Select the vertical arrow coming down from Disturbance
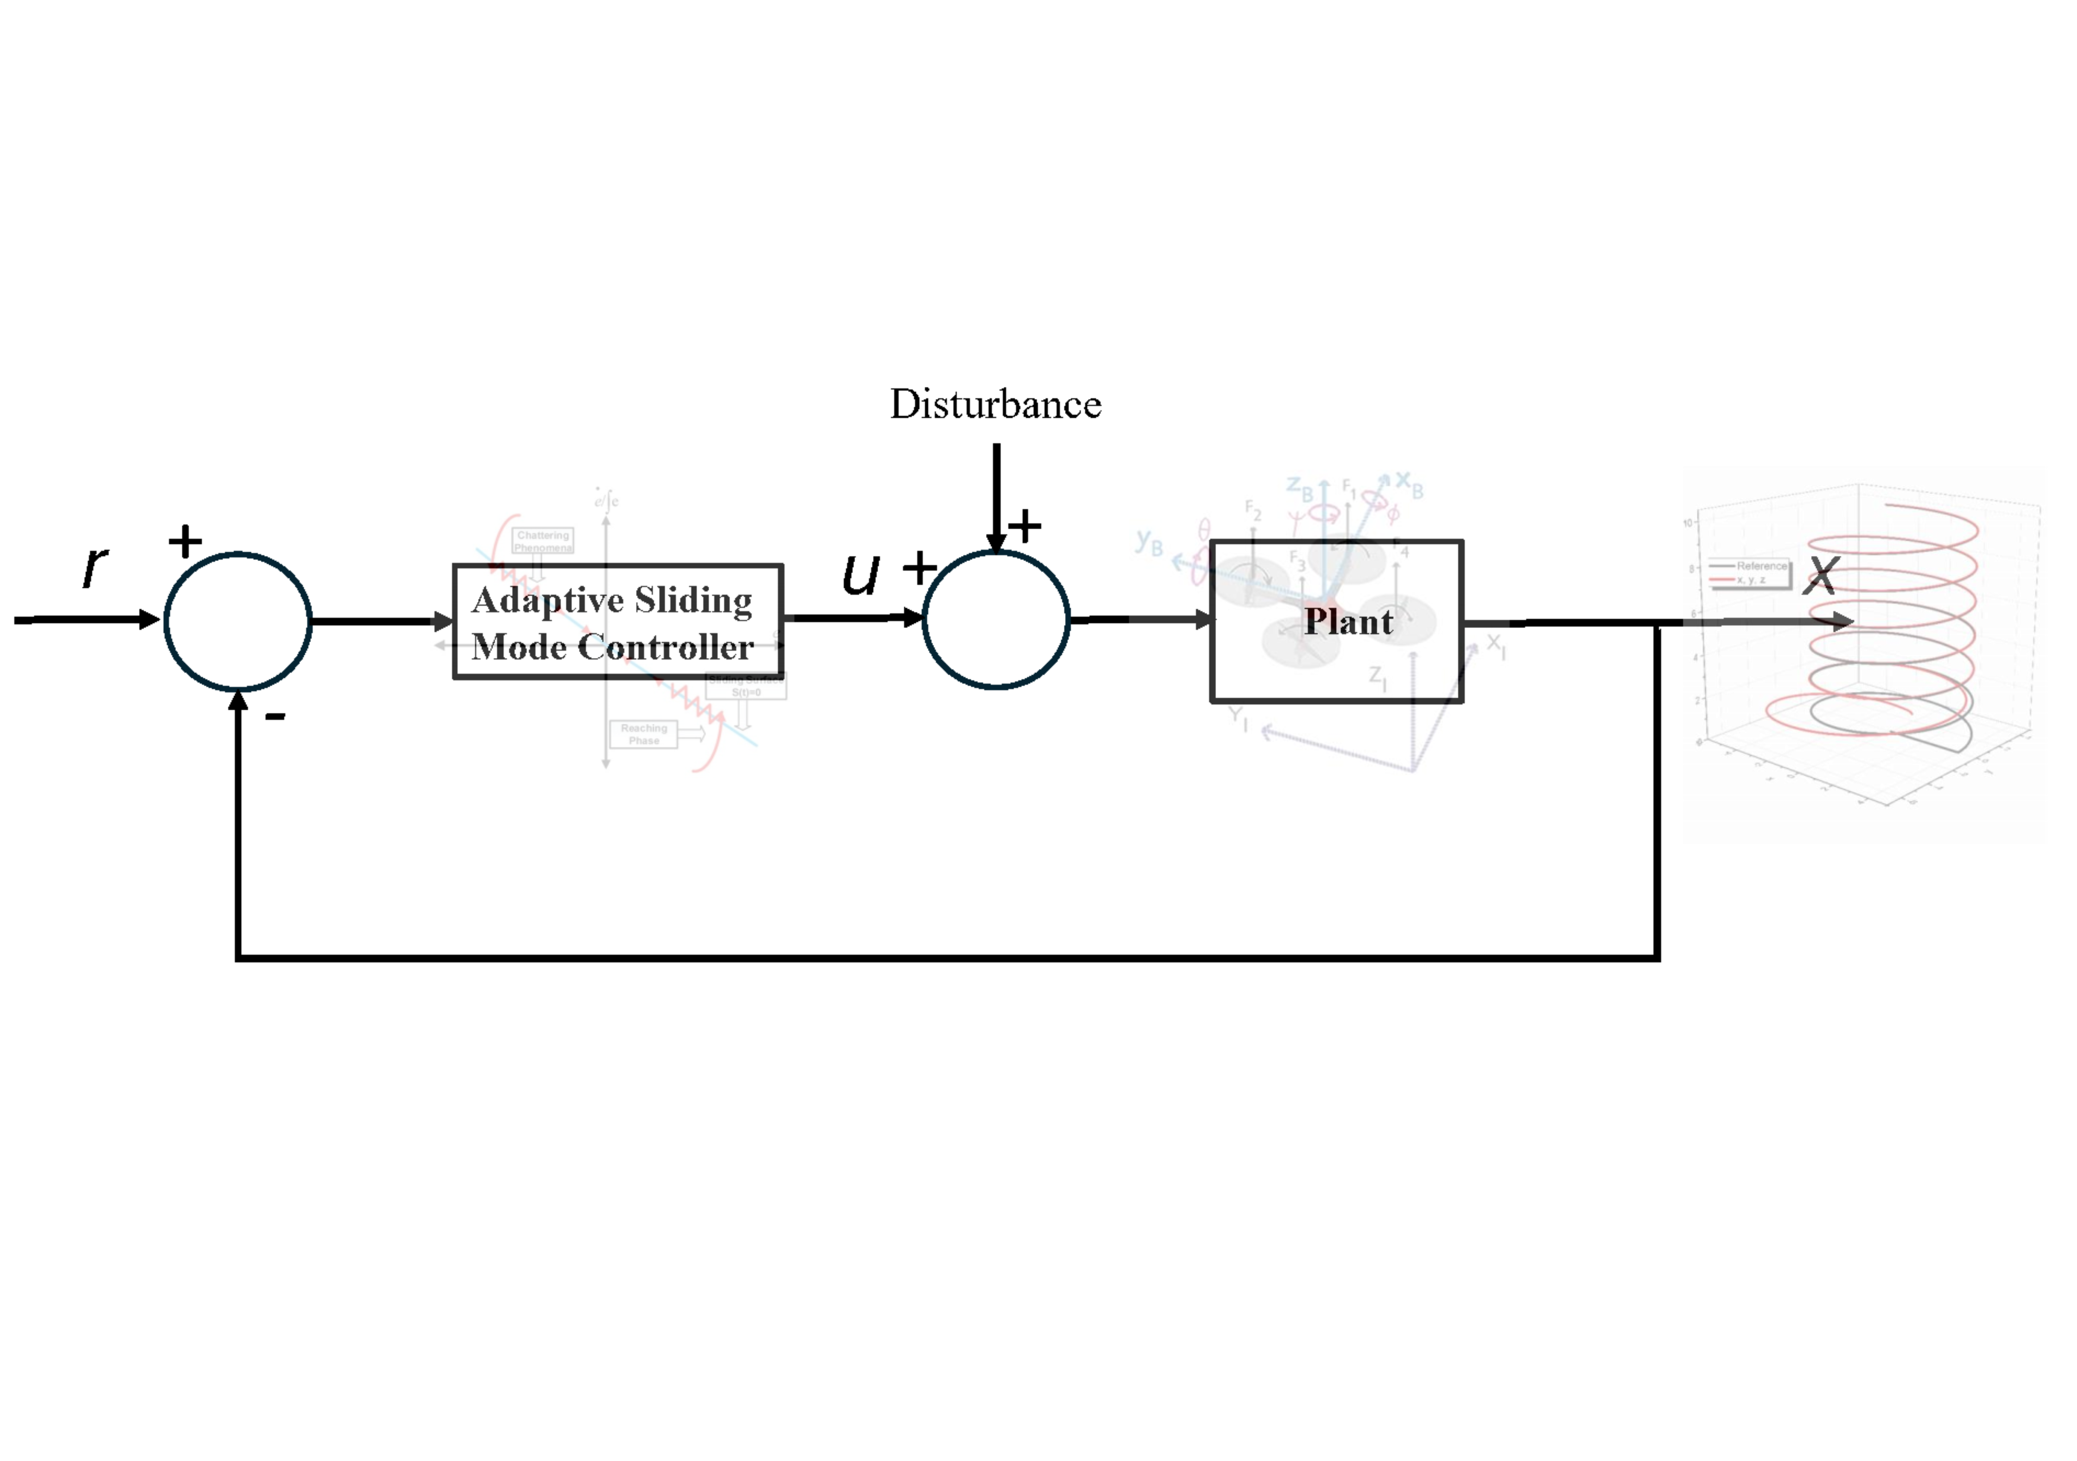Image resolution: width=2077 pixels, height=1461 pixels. coord(996,493)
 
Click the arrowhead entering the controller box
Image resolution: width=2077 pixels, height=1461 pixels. coord(444,622)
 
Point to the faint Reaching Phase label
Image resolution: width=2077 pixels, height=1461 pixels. coord(644,734)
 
